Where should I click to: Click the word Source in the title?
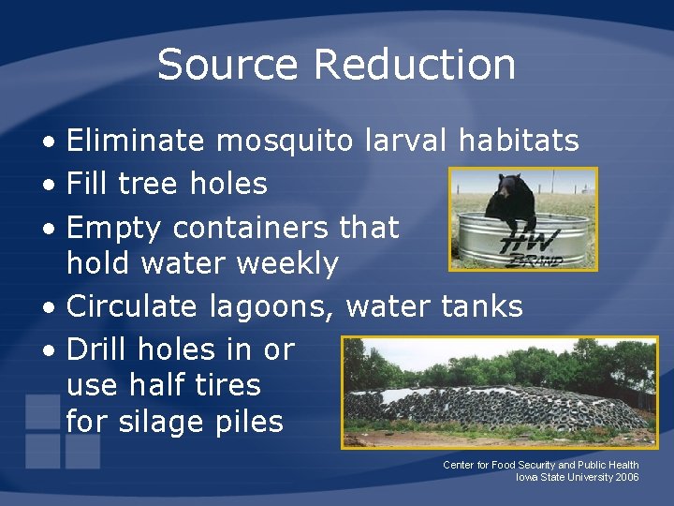pos(228,65)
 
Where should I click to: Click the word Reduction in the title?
pos(414,65)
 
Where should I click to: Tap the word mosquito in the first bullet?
pos(285,141)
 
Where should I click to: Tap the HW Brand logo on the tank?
pos(538,246)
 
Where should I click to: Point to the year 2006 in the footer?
pos(627,478)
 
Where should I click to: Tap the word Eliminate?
pos(136,141)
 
